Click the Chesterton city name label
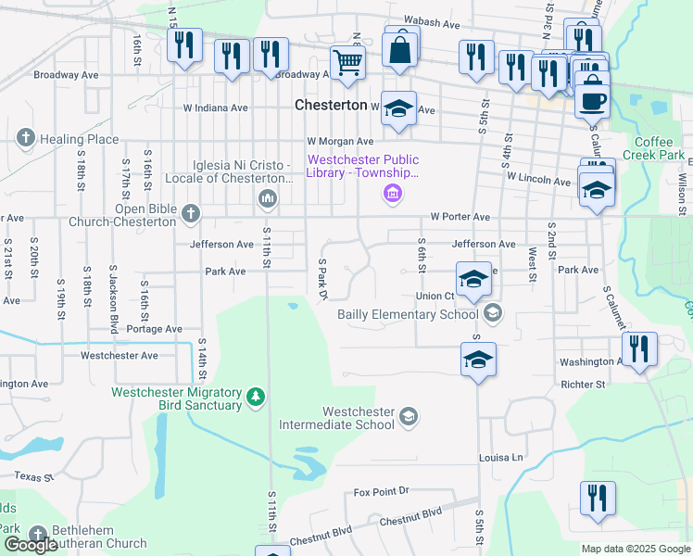[331, 106]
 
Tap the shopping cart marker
[347, 63]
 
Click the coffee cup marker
[592, 99]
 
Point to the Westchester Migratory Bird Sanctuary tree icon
[256, 398]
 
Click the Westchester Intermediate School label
[359, 418]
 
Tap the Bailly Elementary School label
[408, 314]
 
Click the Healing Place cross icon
[25, 139]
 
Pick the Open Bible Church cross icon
[191, 215]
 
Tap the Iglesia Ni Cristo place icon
[268, 197]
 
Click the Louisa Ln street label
[501, 458]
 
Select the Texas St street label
[34, 476]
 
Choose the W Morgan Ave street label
[340, 142]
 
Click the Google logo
[31, 545]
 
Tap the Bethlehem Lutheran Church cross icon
[37, 535]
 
